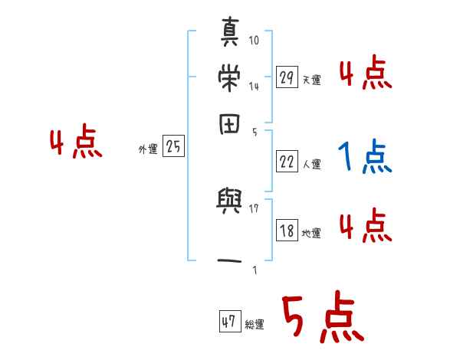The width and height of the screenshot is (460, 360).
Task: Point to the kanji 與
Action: click(x=228, y=202)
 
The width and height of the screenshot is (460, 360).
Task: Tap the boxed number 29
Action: click(x=287, y=77)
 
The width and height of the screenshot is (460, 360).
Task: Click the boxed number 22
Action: click(x=287, y=161)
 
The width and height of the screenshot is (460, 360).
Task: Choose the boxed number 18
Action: click(x=287, y=231)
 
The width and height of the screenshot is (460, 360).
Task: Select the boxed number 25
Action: click(x=173, y=147)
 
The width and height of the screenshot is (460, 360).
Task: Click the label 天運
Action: click(x=311, y=80)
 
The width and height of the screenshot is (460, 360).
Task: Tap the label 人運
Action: click(x=311, y=164)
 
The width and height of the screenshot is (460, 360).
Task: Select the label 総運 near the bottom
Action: click(x=255, y=325)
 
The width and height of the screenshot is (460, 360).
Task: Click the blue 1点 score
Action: click(x=364, y=158)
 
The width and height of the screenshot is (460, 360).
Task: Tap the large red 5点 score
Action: click(x=322, y=319)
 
